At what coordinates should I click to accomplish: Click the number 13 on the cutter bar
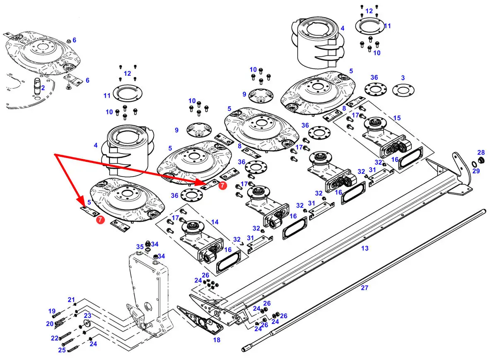pos(364,248)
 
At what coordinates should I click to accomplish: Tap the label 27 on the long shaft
pos(364,288)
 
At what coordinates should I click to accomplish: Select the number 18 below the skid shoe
pos(217,340)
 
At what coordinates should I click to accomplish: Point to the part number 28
pos(481,152)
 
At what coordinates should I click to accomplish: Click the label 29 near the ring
pos(476,171)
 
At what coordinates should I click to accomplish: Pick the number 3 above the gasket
pos(403,78)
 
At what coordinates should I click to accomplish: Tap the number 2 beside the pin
pos(43,88)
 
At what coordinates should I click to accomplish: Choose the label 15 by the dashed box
pos(397,118)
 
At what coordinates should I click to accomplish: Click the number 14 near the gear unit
pos(215,222)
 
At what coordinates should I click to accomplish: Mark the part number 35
pos(140,247)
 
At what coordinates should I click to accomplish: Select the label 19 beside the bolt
pos(52,311)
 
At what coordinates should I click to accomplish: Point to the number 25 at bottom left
pos(62,350)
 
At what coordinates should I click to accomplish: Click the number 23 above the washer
pos(87,316)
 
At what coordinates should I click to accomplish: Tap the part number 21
pos(71,300)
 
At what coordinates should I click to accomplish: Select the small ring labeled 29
pos(474,164)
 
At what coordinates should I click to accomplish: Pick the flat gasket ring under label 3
pos(403,91)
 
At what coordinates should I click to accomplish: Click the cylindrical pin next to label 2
pos(37,86)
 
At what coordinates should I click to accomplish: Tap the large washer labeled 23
pos(87,323)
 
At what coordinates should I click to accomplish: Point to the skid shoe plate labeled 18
pos(200,319)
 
